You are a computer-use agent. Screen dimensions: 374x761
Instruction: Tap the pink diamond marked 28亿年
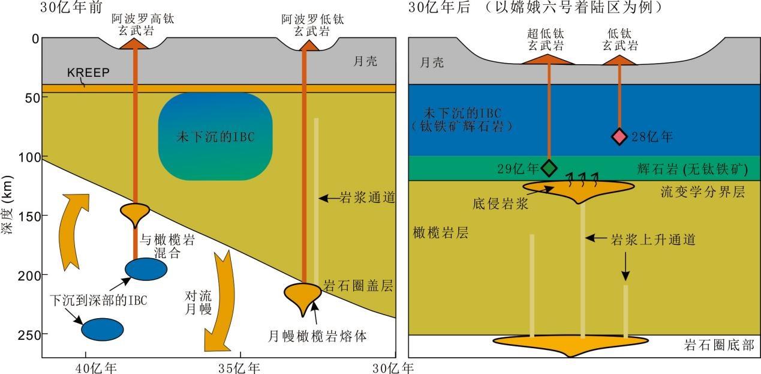pyautogui.click(x=619, y=137)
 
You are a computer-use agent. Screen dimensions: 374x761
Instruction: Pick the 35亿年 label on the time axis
pyautogui.click(x=240, y=366)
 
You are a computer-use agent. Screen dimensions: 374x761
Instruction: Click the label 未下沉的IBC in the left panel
pyautogui.click(x=215, y=136)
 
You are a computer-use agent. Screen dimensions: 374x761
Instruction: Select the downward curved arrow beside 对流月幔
pyautogui.click(x=218, y=300)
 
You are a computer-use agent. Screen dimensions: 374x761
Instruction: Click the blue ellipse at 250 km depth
pyautogui.click(x=102, y=329)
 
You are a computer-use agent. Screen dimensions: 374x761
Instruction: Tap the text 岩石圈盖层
pyautogui.click(x=358, y=286)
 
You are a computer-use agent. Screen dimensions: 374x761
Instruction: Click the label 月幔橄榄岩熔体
pyautogui.click(x=317, y=336)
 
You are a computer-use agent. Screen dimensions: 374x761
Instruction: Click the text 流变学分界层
pyautogui.click(x=699, y=192)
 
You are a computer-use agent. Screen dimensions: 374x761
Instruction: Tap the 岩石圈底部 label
pyautogui.click(x=719, y=345)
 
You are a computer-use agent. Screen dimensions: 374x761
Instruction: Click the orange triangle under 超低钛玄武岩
pyautogui.click(x=548, y=59)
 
